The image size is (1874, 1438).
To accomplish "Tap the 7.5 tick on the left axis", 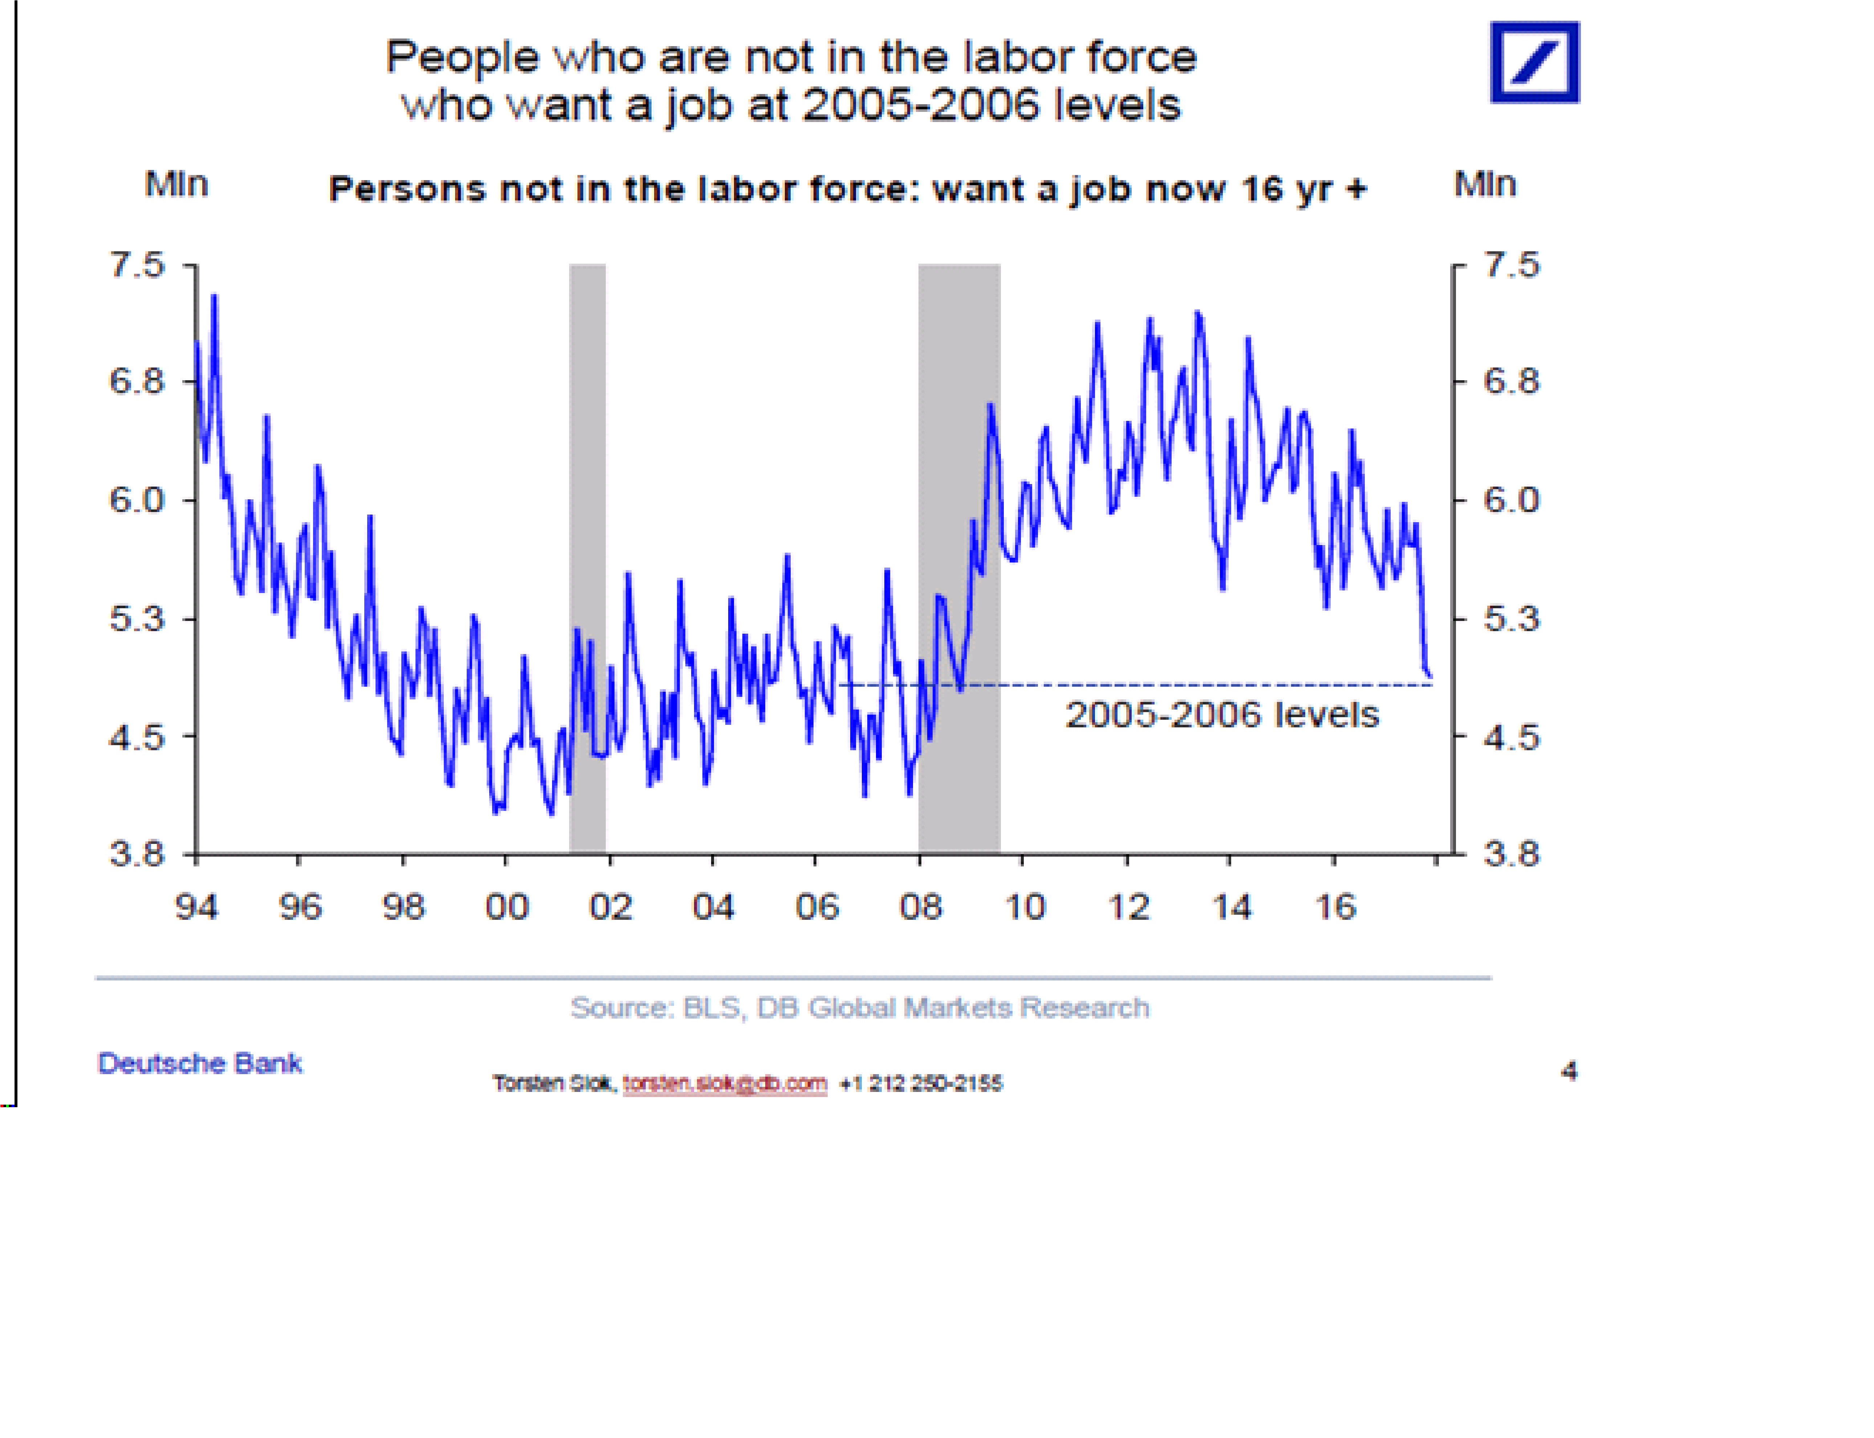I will pyautogui.click(x=137, y=265).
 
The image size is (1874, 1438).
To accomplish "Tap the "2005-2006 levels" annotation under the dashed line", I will pyautogui.click(x=1222, y=715).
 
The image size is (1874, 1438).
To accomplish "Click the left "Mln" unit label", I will pyautogui.click(x=177, y=184).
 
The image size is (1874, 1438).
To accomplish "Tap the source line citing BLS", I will pyautogui.click(x=860, y=1007).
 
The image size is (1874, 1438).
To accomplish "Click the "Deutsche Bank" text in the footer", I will pyautogui.click(x=199, y=1063).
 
